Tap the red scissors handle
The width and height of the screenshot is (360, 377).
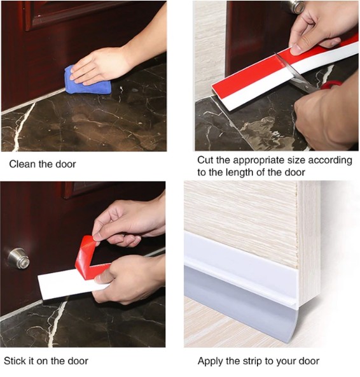[x=331, y=85]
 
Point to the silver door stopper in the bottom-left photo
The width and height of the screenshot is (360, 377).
[x=18, y=258]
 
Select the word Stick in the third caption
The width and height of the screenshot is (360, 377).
[x=15, y=361]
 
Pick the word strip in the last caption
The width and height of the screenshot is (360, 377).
[x=253, y=361]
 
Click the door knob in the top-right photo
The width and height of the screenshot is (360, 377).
[x=297, y=6]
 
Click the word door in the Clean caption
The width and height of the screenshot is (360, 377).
[x=66, y=164]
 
